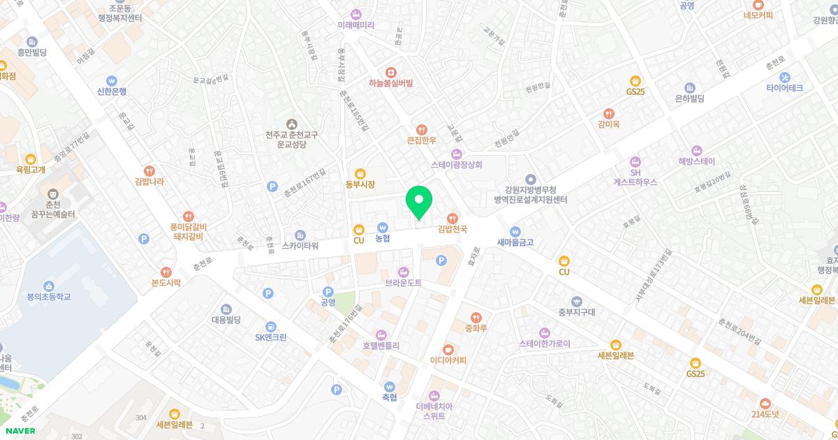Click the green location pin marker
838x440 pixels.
(419, 203)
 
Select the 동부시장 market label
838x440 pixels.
(360, 184)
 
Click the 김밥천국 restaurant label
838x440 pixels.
(452, 228)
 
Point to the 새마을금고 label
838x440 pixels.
(515, 242)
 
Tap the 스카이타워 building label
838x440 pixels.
(300, 246)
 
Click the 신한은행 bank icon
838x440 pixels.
(112, 81)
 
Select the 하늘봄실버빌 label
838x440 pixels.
(391, 82)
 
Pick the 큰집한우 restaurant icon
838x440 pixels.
(421, 129)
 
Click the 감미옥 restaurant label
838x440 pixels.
(609, 124)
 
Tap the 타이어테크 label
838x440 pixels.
(784, 88)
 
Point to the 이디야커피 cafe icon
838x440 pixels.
(448, 349)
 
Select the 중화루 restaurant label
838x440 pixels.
(476, 327)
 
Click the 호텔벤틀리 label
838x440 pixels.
(381, 345)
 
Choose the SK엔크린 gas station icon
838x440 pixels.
(270, 326)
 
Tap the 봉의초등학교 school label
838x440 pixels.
(49, 297)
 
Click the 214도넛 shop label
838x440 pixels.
(765, 414)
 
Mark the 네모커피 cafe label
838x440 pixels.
(758, 15)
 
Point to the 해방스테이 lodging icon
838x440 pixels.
(696, 150)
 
